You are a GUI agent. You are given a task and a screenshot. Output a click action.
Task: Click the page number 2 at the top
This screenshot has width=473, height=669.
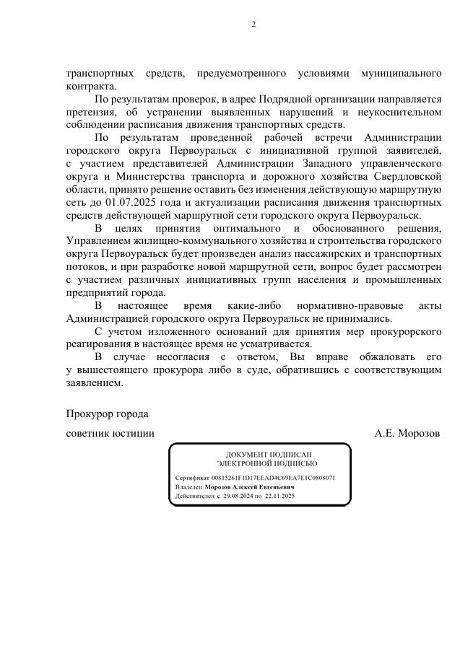[253, 25]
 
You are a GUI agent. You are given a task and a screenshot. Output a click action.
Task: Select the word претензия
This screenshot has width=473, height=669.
[92, 113]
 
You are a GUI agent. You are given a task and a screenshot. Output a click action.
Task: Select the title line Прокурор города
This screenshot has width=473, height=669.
[107, 414]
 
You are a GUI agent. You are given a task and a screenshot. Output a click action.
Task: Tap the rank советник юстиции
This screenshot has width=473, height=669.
[110, 434]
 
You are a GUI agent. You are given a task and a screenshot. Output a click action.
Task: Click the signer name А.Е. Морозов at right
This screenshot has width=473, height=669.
[407, 434]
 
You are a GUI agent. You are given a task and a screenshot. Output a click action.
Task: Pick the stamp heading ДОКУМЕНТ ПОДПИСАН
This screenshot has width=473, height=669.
[260, 453]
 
